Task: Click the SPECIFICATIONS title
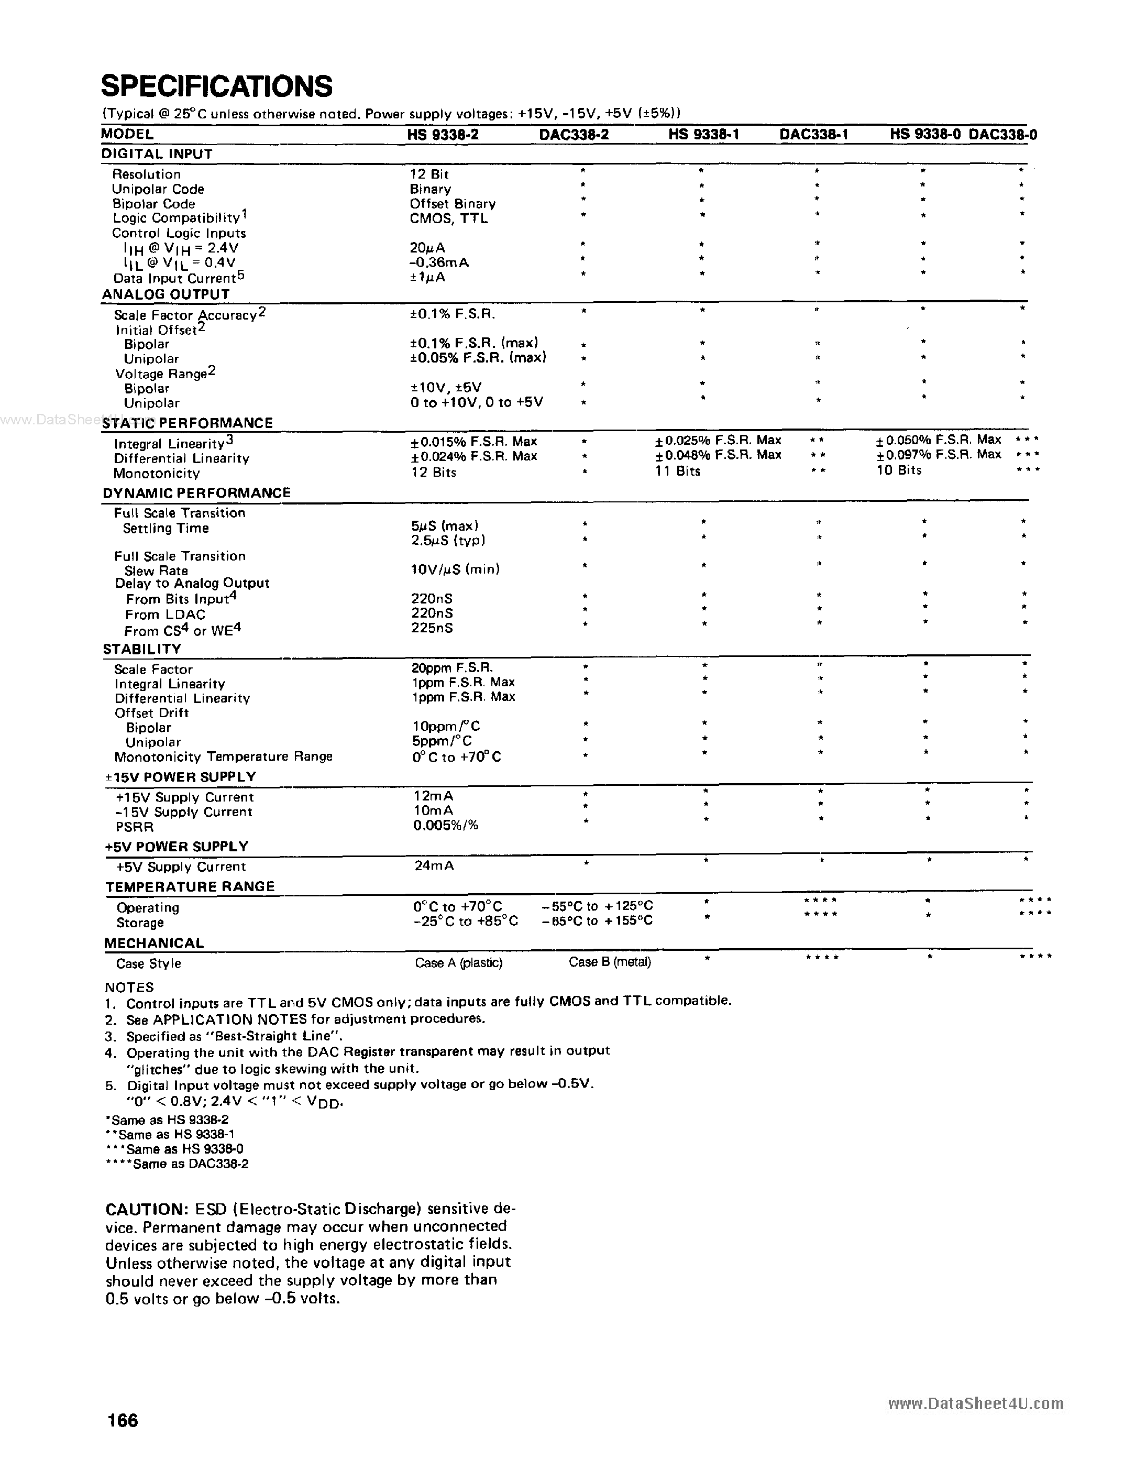pos(216,87)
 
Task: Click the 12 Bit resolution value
pos(429,174)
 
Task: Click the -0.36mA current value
pos(439,263)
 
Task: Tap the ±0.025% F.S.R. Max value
pos(718,440)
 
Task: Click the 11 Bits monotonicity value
pos(678,471)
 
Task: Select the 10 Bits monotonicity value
pos(899,470)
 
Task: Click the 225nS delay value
pos(432,628)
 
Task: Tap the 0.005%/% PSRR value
pos(446,826)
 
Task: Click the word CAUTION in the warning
pos(147,1210)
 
